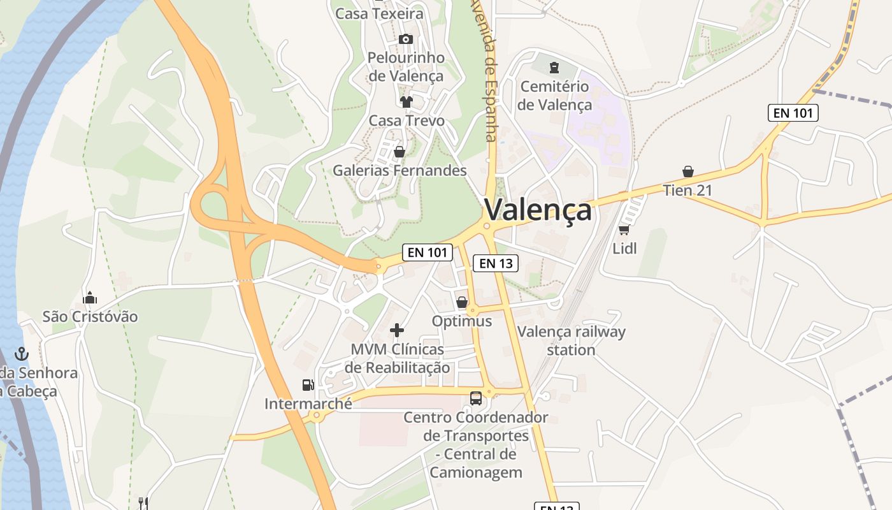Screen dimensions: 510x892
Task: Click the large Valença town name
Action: [x=538, y=210]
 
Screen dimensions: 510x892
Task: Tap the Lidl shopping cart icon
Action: [x=624, y=229]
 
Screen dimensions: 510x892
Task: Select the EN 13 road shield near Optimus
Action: [x=495, y=263]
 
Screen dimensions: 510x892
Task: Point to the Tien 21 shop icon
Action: [x=687, y=171]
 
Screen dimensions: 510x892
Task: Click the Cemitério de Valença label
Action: [x=554, y=96]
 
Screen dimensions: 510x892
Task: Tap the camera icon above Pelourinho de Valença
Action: [x=405, y=40]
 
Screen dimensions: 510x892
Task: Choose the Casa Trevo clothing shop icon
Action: [x=406, y=101]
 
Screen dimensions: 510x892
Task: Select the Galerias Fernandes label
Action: [x=399, y=170]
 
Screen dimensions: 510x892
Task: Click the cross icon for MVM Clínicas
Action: [x=397, y=330]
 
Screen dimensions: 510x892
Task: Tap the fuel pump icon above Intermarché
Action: [x=308, y=385]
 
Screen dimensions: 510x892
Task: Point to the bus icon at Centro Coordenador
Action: [x=476, y=398]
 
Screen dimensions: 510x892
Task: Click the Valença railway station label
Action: [x=571, y=340]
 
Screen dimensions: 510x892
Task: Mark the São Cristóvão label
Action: [x=90, y=316]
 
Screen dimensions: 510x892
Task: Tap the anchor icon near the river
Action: [x=22, y=354]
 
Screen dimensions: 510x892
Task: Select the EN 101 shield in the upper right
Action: [x=793, y=113]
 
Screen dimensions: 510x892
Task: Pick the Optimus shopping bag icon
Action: [x=462, y=302]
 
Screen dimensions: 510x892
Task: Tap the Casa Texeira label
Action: [x=379, y=13]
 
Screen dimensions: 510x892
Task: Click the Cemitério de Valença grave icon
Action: [x=554, y=66]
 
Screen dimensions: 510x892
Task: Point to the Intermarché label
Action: [x=308, y=404]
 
